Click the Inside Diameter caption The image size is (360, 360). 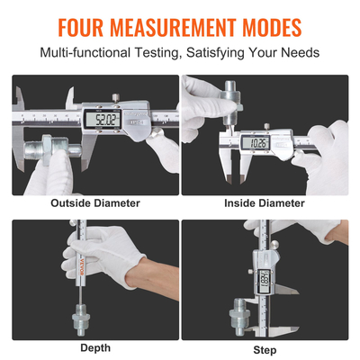pos(264,202)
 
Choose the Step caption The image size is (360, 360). pos(265,349)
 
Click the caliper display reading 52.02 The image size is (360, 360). pos(100,118)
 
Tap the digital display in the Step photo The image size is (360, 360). pos(265,280)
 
